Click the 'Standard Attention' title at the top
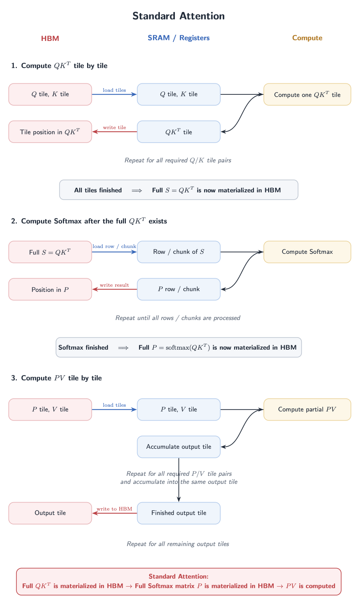(x=179, y=16)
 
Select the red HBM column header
(x=50, y=38)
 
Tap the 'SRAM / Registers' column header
(x=179, y=38)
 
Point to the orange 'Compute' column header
(x=307, y=38)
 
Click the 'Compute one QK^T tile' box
(x=307, y=94)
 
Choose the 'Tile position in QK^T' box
(x=50, y=132)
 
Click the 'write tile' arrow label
(x=115, y=127)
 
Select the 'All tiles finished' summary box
(x=179, y=190)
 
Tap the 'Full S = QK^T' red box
(x=50, y=252)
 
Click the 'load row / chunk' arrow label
(x=114, y=246)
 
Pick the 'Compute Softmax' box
(x=307, y=252)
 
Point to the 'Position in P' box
(x=50, y=289)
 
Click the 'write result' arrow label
(x=114, y=285)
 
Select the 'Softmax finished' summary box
(x=179, y=347)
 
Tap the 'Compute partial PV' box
(x=307, y=409)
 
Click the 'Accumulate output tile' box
(x=179, y=447)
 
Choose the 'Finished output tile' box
(x=179, y=513)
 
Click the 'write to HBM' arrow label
(x=114, y=509)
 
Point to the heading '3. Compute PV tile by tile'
(x=56, y=378)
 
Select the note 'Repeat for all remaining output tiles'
(x=178, y=544)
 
